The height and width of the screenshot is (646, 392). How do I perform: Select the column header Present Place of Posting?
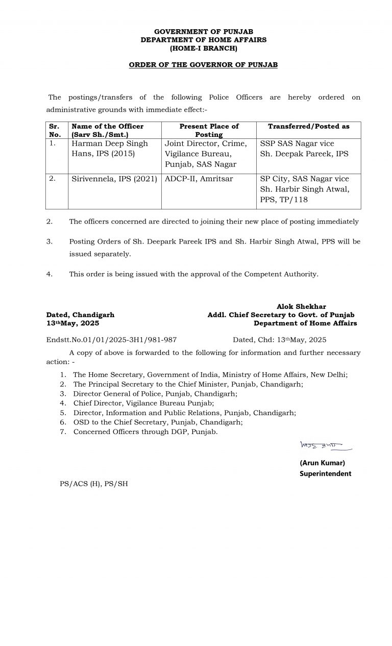pos(209,130)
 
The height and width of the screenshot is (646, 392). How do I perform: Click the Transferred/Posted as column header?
pos(308,126)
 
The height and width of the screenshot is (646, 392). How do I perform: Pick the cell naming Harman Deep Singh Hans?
pos(110,148)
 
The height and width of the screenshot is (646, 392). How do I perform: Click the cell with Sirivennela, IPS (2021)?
pos(114,179)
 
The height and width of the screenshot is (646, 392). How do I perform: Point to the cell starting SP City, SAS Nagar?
pos(305,189)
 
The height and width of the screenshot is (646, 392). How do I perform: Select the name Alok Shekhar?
pos(301,306)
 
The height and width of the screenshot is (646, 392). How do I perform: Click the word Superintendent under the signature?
pos(325,473)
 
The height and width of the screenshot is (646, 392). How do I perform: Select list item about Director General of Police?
pos(155,394)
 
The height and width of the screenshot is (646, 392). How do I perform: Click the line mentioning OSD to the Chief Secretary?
pos(158,422)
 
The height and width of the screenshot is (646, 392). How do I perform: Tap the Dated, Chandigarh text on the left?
pos(80,315)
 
